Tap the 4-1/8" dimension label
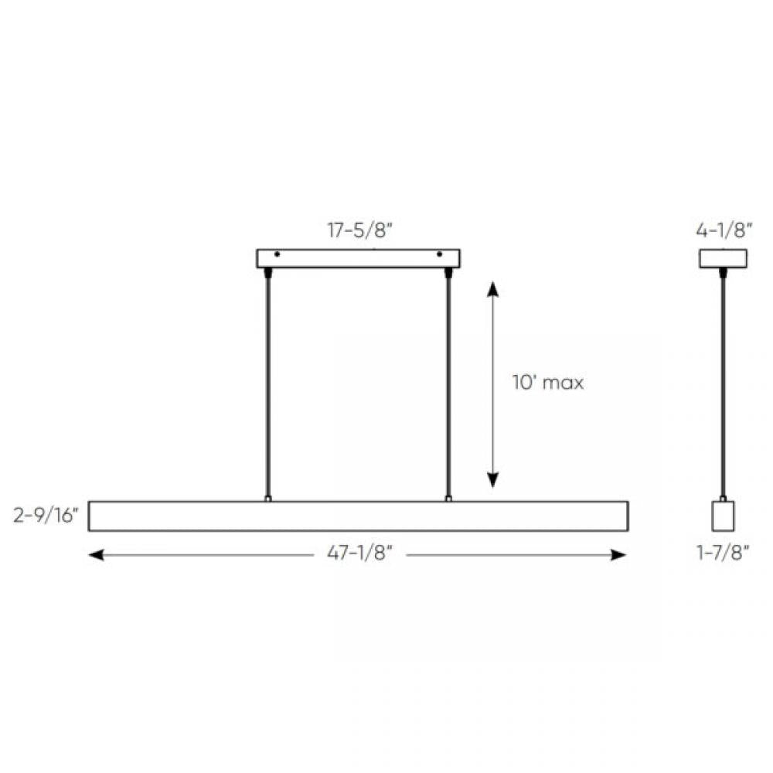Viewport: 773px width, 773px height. tap(723, 231)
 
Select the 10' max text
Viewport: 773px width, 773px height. tap(547, 382)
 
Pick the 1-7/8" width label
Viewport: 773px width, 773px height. tap(723, 555)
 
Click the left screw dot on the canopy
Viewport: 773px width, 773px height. tap(277, 254)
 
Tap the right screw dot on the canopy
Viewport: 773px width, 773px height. tap(440, 254)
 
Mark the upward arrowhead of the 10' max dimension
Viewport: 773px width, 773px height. tap(492, 289)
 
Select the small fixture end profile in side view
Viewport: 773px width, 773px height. tap(723, 516)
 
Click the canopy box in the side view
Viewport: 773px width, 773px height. tap(723, 258)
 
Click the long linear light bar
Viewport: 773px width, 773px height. tap(358, 516)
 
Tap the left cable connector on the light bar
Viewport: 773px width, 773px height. tap(268, 499)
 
